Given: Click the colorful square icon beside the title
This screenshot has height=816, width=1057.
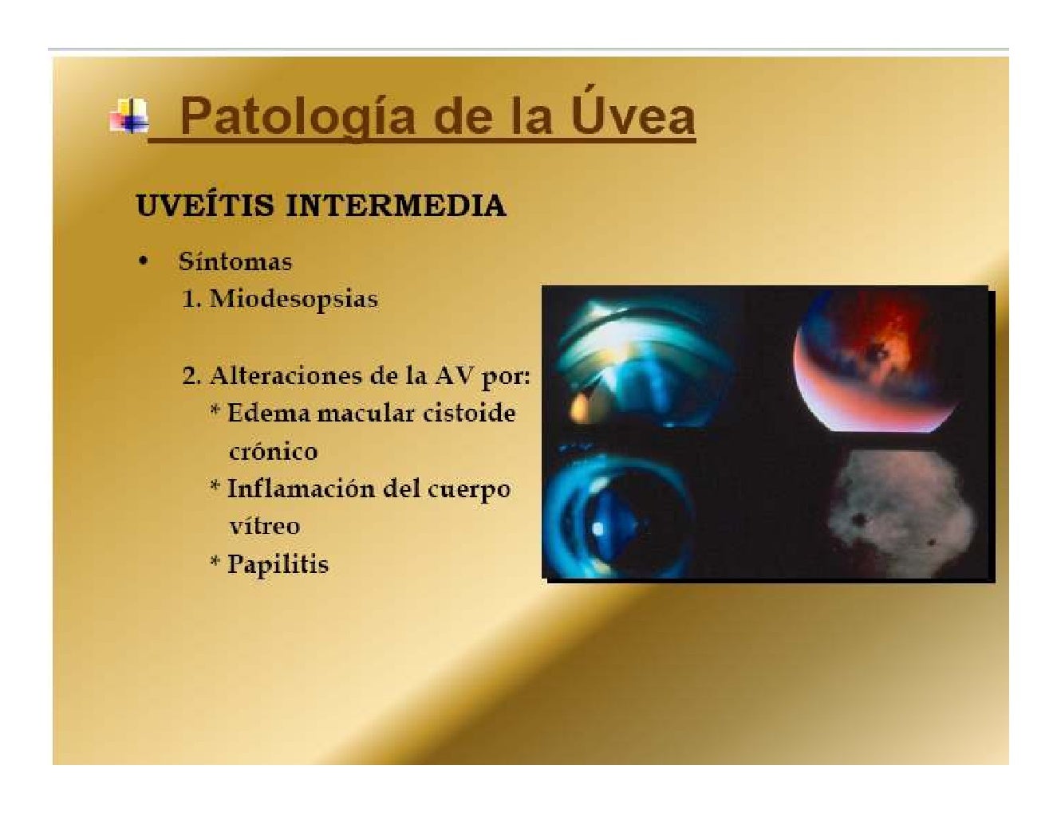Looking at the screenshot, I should (129, 116).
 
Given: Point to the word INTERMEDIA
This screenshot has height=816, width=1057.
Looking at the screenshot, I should (395, 206).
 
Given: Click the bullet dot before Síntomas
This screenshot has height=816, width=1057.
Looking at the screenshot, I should (143, 261).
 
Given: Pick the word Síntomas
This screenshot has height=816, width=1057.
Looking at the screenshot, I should (235, 261).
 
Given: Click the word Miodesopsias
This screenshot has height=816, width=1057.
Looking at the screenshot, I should (294, 299).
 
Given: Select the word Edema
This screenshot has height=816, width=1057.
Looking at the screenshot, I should (268, 413).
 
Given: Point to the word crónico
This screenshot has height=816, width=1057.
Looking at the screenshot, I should (273, 451).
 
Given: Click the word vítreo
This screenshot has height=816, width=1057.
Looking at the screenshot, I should (264, 526).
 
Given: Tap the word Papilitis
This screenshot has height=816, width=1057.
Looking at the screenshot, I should (278, 564).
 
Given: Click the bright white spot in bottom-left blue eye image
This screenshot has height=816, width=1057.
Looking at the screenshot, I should (598, 528).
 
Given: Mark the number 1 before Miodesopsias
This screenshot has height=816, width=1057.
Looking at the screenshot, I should (189, 299).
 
